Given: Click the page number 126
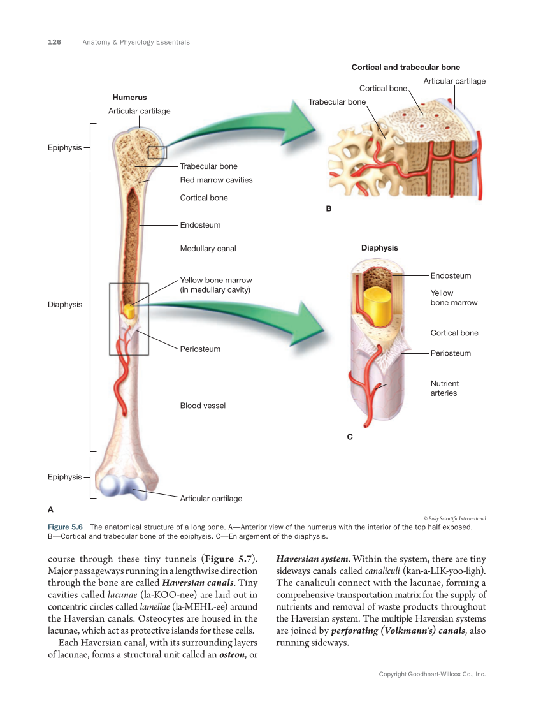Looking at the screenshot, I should click(54, 42).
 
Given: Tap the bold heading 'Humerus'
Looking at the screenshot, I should click(129, 98).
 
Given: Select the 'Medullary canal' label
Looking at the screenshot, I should click(208, 249).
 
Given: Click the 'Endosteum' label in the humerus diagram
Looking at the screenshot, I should click(200, 225).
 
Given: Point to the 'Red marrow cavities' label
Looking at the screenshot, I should click(216, 180).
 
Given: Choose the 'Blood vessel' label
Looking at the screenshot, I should click(203, 406).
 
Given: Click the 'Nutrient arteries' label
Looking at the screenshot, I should click(444, 388).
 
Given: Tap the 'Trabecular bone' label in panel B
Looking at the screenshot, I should click(337, 102).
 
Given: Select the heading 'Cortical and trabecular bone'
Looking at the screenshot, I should click(406, 68).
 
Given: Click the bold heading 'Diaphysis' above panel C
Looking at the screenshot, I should click(379, 248).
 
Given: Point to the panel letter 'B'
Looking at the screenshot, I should click(329, 208).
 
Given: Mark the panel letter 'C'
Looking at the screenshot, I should click(350, 437).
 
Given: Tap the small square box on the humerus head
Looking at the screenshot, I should click(157, 152).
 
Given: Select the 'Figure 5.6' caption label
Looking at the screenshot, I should click(66, 527).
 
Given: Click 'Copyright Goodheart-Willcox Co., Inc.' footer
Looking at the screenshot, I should click(432, 674).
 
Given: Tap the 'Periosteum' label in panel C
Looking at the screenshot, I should click(451, 353).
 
